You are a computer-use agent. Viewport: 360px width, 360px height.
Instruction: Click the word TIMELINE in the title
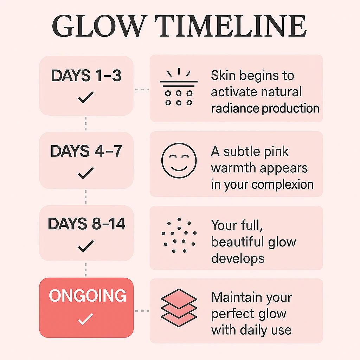point(231,26)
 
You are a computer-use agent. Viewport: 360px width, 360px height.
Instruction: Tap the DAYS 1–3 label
point(86,75)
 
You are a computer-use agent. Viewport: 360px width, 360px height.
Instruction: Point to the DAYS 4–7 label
point(86,151)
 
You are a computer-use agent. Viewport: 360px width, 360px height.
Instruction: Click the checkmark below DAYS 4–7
point(86,173)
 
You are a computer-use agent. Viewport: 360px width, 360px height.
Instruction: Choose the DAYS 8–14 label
point(86,223)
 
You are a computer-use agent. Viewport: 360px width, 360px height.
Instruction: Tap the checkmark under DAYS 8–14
point(86,246)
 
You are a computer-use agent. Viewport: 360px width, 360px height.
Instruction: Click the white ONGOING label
point(88,295)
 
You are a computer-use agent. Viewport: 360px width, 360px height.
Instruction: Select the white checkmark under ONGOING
point(86,319)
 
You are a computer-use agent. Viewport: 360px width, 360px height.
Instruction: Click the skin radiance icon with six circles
point(179,86)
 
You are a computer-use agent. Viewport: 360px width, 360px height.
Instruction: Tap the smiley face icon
point(179,160)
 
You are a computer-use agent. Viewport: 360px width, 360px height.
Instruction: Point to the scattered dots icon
point(179,235)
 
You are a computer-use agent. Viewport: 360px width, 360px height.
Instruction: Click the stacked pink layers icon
point(179,308)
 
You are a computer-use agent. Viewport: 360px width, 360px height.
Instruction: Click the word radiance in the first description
point(235,108)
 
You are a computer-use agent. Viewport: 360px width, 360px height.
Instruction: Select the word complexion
point(282,185)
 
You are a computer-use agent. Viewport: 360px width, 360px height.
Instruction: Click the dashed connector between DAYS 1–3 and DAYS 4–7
point(86,123)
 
